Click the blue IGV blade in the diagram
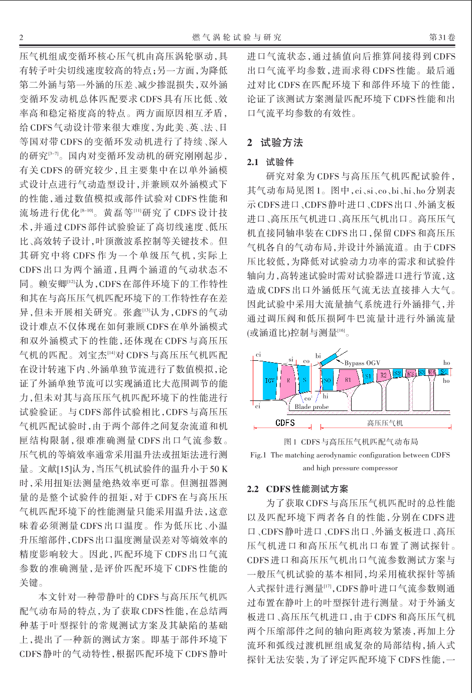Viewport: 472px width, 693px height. (x=269, y=380)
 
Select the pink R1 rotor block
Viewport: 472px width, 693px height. (x=348, y=380)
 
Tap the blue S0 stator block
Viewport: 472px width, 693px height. (x=328, y=380)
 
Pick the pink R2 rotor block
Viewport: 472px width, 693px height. (x=383, y=375)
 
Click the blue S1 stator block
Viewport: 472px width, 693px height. (x=368, y=376)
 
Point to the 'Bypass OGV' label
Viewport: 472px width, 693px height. (x=362, y=363)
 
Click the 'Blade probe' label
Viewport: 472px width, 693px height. (x=311, y=407)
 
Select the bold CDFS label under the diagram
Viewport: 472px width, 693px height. (x=285, y=423)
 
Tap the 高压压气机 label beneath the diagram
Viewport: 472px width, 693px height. (x=385, y=423)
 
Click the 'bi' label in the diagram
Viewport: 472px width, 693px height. (x=318, y=356)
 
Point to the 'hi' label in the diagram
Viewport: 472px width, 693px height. (x=326, y=396)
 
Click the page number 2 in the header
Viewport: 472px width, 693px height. (x=22, y=37)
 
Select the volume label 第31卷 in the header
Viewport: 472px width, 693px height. (x=442, y=37)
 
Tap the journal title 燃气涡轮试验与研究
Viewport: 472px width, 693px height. (x=237, y=37)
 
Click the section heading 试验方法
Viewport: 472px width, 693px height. (x=281, y=143)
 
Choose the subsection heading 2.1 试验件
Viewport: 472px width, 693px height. (x=270, y=162)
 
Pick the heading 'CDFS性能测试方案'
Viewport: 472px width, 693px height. (x=306, y=489)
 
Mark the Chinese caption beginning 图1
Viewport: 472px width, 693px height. (x=351, y=442)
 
